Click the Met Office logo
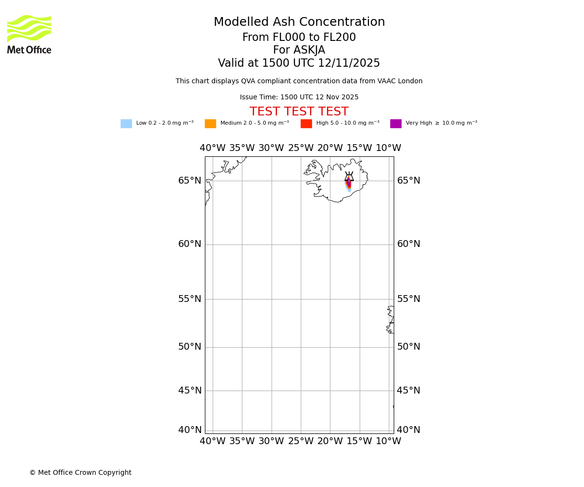click(29, 34)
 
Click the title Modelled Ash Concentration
click(299, 22)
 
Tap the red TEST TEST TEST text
click(299, 112)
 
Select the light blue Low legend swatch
click(126, 124)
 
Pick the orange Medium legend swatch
click(210, 124)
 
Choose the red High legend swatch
click(306, 124)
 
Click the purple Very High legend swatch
click(396, 124)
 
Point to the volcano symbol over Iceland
click(349, 176)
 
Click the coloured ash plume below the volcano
click(348, 185)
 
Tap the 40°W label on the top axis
click(213, 148)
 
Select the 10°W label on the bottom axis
click(388, 441)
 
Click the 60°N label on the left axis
click(189, 244)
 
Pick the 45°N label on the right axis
click(408, 391)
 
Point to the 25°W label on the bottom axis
click(301, 441)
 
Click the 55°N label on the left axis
click(189, 299)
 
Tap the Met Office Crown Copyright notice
click(80, 472)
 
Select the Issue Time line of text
click(299, 97)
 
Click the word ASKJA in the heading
click(309, 50)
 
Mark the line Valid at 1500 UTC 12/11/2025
click(299, 63)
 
